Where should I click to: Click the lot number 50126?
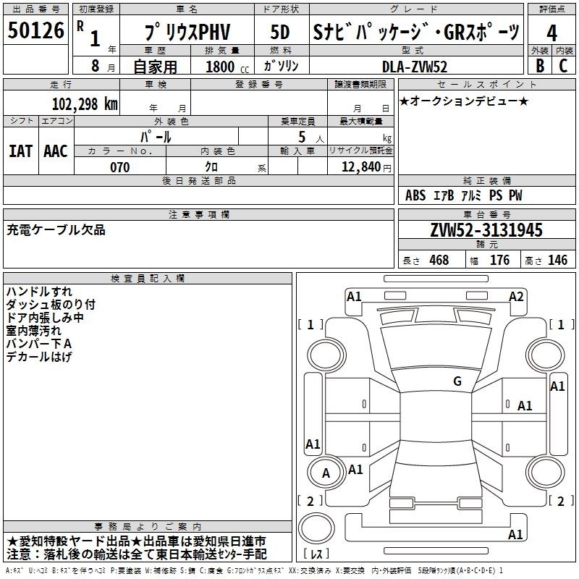point(35,30)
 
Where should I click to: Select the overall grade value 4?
point(551,33)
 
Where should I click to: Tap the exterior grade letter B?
point(540,66)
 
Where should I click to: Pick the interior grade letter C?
point(563,66)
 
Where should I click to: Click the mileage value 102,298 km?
point(85,103)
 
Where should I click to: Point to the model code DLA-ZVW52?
point(415,67)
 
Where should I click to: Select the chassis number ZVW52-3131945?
point(486,229)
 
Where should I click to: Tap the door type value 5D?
point(280,32)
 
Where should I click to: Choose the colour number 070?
point(120,167)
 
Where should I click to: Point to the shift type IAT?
point(20,151)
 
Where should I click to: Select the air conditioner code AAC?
point(56,151)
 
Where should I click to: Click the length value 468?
point(439,260)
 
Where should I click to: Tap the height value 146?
point(557,260)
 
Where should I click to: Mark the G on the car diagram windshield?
point(457,381)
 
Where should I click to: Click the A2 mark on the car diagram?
point(516,297)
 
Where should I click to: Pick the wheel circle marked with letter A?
point(326,473)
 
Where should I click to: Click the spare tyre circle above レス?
point(316,528)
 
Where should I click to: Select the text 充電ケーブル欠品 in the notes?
point(56,230)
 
